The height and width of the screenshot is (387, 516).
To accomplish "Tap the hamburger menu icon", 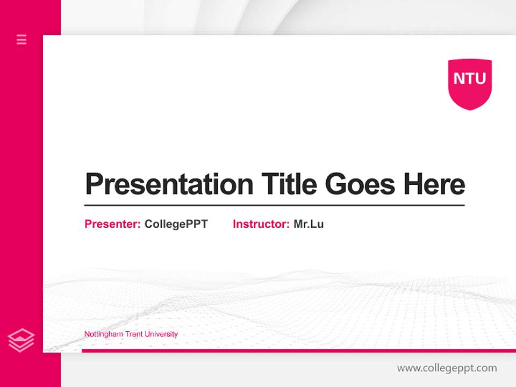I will click(x=21, y=39).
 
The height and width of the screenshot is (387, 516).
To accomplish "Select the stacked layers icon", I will click(x=21, y=340).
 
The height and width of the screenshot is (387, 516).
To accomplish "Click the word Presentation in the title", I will click(x=169, y=184).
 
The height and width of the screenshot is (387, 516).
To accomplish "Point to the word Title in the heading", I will click(x=289, y=184).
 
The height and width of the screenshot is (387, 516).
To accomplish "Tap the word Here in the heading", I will click(x=434, y=184).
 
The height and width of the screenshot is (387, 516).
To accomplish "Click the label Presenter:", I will click(x=113, y=224).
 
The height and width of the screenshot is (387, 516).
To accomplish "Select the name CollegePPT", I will click(x=176, y=224).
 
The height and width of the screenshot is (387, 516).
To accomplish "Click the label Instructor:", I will click(x=261, y=224).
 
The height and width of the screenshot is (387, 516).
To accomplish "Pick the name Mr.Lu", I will click(x=309, y=224).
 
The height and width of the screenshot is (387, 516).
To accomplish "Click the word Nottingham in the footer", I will click(x=103, y=334).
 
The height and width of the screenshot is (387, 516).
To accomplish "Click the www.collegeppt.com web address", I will click(x=447, y=368).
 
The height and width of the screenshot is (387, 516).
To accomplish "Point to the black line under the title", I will click(x=274, y=205).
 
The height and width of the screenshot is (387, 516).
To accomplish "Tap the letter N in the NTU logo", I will click(x=458, y=78).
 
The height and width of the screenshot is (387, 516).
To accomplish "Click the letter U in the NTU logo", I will click(x=481, y=78).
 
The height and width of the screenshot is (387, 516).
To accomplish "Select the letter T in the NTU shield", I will click(x=470, y=78).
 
